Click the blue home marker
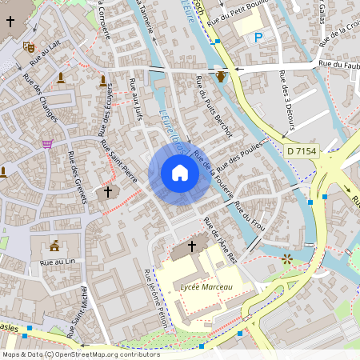tap(180, 173)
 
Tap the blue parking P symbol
tap(258, 38)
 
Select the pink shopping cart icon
tap(48, 144)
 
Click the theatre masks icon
tap(30, 46)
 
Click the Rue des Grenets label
tap(77, 176)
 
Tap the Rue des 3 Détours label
tap(287, 100)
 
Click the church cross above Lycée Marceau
tap(191, 246)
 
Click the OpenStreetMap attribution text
tap(80, 354)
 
